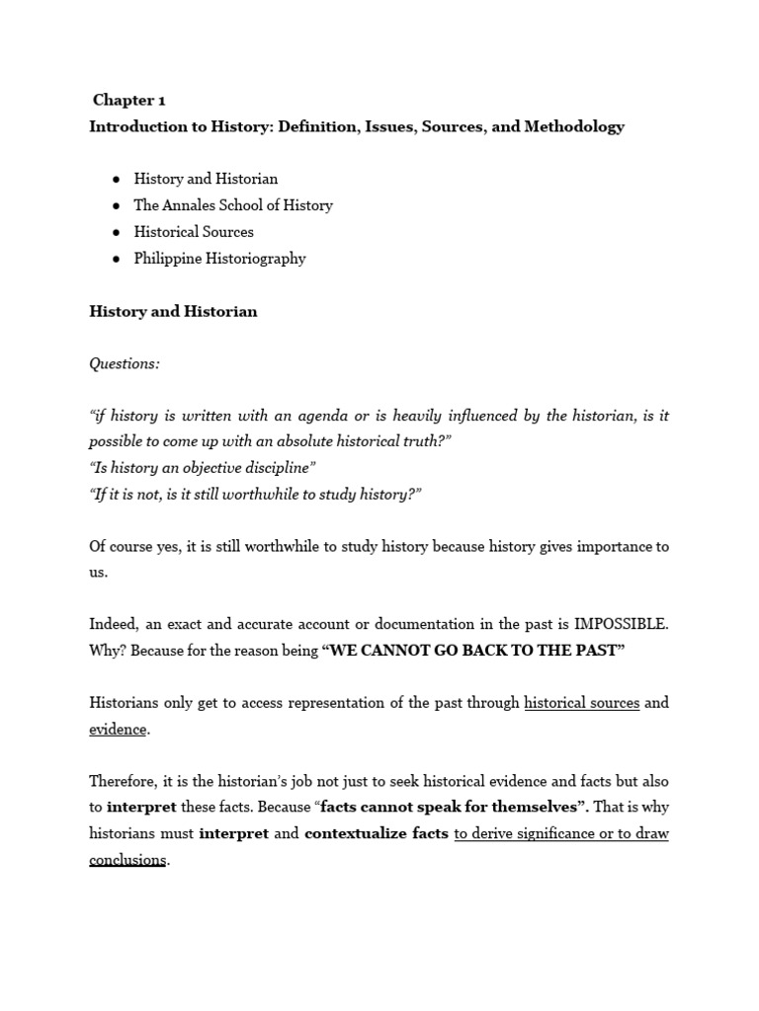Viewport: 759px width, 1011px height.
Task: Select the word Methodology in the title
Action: click(x=575, y=126)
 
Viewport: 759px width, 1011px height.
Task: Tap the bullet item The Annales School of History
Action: click(x=233, y=205)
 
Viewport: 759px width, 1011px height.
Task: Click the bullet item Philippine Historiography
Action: click(x=219, y=259)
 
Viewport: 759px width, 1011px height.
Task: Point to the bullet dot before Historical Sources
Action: click(x=116, y=232)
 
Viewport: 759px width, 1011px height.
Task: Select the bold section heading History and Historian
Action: click(x=173, y=311)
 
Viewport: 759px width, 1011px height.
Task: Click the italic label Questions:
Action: click(x=125, y=363)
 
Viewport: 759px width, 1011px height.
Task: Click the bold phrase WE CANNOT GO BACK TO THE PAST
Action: click(x=474, y=651)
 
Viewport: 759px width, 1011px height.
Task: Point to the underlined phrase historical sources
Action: click(x=581, y=703)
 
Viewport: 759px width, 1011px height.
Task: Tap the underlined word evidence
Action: click(x=118, y=730)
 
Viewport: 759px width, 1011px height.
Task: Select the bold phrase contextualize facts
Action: click(x=376, y=833)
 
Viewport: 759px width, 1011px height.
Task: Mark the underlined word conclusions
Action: click(x=127, y=859)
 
